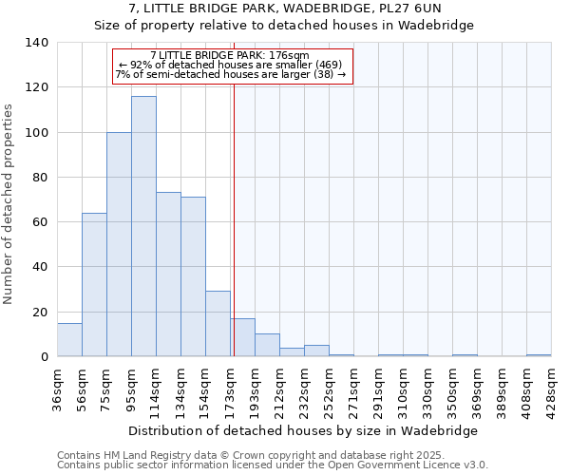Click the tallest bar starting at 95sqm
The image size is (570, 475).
click(143, 226)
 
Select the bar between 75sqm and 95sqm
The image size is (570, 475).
click(119, 244)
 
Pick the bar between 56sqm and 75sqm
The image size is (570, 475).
click(94, 285)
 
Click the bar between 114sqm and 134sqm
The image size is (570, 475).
click(168, 275)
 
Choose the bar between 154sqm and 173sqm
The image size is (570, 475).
click(218, 324)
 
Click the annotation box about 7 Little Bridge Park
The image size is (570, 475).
click(233, 66)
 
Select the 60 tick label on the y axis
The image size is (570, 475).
click(41, 222)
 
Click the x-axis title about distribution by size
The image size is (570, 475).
click(302, 430)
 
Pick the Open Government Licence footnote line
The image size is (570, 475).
click(272, 465)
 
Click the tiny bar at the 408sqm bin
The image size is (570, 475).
click(539, 355)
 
